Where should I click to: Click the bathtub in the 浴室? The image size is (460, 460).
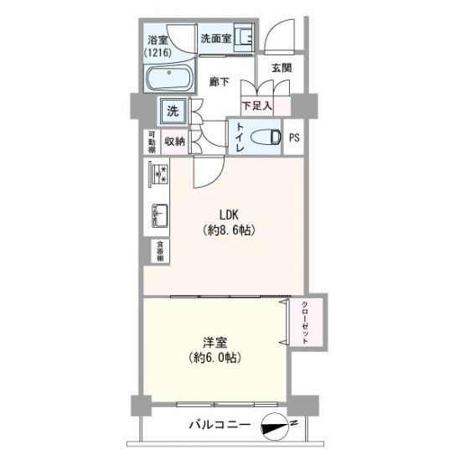point(168,79)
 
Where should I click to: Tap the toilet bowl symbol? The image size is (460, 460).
point(266,137)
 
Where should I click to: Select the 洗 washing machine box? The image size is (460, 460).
point(173,111)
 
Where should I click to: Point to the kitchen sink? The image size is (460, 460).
point(160,215)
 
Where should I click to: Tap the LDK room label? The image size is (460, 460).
point(229,214)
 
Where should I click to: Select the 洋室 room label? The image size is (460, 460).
point(215,342)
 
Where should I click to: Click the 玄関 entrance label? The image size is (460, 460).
point(282,68)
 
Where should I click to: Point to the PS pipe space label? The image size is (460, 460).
point(294,137)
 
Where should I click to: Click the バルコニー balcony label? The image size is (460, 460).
point(220,425)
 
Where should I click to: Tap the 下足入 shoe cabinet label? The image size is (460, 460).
point(256,106)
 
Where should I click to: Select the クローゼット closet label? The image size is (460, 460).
point(305,322)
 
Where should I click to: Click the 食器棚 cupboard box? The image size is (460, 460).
point(160,251)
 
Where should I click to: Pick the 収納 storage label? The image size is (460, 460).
point(174,142)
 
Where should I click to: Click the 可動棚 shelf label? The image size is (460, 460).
point(152,142)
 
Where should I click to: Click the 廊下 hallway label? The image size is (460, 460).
point(220,81)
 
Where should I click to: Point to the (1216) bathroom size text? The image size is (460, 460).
point(158,53)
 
